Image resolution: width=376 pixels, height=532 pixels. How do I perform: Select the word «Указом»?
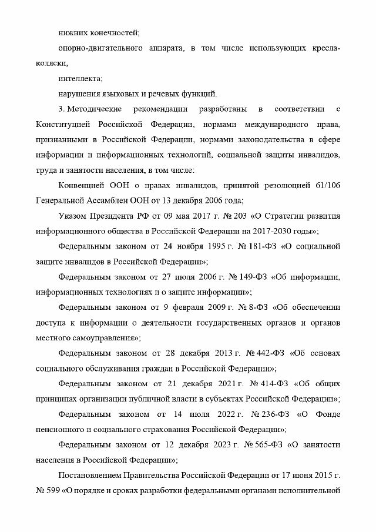coord(75,215)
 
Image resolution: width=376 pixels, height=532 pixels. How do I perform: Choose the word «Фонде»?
coord(326,414)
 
